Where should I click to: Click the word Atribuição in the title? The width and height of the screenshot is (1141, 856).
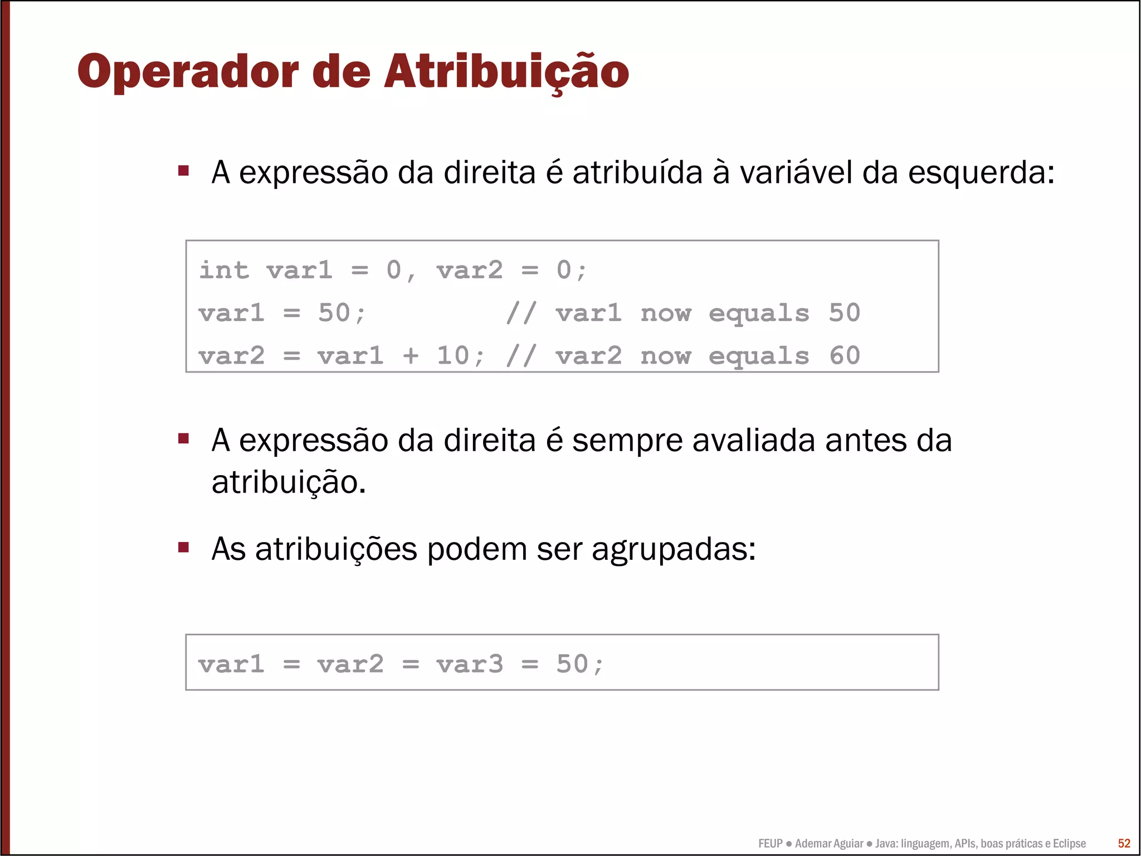506,72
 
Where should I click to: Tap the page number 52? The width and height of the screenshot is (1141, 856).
1124,843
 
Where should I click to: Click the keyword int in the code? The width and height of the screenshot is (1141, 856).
224,270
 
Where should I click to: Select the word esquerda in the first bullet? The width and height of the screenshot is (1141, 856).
981,173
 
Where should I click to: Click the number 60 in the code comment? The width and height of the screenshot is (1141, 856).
845,356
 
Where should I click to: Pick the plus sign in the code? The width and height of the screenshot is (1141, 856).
411,356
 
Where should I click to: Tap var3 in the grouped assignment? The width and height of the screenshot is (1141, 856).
470,664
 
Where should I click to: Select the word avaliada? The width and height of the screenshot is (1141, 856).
754,441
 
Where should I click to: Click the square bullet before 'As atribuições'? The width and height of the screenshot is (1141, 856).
183,547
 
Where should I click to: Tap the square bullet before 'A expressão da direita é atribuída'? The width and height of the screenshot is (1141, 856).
183,170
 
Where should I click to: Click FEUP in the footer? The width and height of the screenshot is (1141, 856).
770,844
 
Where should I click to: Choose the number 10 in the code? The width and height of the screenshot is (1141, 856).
453,356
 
